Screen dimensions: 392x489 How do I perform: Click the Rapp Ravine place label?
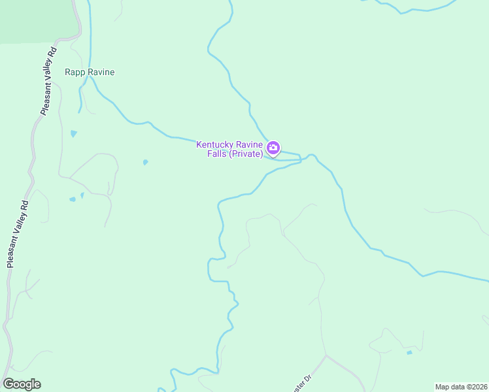point(90,72)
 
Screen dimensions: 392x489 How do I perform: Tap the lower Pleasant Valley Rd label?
point(18,233)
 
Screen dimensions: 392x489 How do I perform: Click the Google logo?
point(22,384)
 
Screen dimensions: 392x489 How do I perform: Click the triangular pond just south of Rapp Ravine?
point(73,134)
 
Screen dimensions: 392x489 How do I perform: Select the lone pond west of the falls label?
point(145,162)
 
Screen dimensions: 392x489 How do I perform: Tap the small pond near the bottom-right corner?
point(409,353)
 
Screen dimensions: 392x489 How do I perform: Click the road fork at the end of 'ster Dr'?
point(326,356)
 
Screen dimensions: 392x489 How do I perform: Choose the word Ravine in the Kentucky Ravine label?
point(250,144)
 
